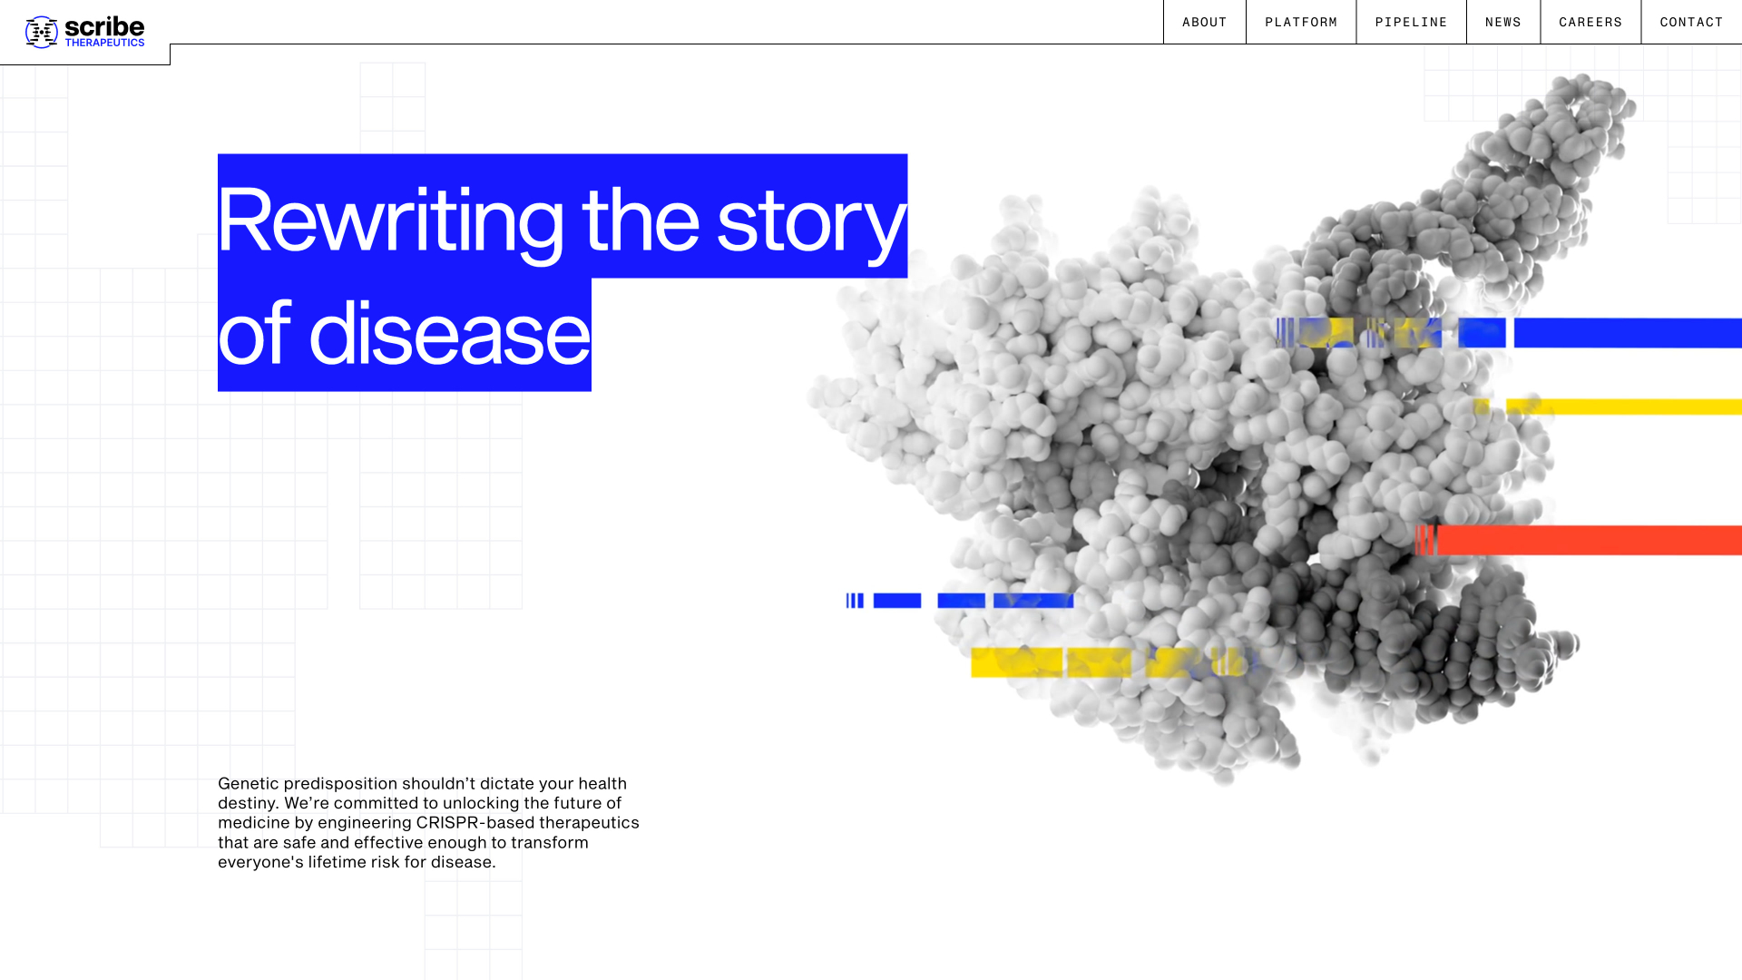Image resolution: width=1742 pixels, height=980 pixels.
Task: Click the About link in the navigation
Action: pos(1204,22)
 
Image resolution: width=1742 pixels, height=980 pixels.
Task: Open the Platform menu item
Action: pos(1300,22)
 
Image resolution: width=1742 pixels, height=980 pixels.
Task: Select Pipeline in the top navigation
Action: pos(1411,22)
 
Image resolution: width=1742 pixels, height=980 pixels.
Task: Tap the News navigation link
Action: pos(1502,22)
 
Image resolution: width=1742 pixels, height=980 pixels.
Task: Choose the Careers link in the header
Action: pos(1590,22)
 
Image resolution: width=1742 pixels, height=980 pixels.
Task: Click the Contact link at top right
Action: pos(1691,22)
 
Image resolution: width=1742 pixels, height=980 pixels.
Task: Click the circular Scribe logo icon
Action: pos(42,32)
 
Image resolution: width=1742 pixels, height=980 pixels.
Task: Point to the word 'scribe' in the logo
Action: pos(104,27)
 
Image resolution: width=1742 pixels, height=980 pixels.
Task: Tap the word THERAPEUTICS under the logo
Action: pos(104,43)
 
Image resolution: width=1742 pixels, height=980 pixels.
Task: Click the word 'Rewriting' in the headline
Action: pos(390,220)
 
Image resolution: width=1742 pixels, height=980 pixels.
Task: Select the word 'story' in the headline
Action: pos(810,220)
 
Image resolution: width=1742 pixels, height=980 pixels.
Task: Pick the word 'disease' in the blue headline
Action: pos(449,334)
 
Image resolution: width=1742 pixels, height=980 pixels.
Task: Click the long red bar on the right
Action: pos(1588,540)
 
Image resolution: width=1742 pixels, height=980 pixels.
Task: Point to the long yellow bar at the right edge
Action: pos(1624,407)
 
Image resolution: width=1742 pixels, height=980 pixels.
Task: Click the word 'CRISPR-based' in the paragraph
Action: pos(475,823)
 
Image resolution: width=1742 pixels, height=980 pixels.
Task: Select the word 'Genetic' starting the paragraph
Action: pos(248,783)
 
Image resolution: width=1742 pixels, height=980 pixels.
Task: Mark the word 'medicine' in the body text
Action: pos(253,823)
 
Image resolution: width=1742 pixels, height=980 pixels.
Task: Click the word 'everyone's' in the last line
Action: pos(259,862)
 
